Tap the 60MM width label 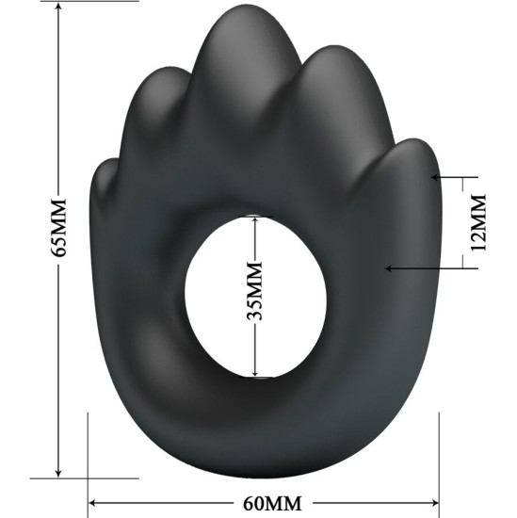265,503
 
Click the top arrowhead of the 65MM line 58,8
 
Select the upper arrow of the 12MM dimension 437,176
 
